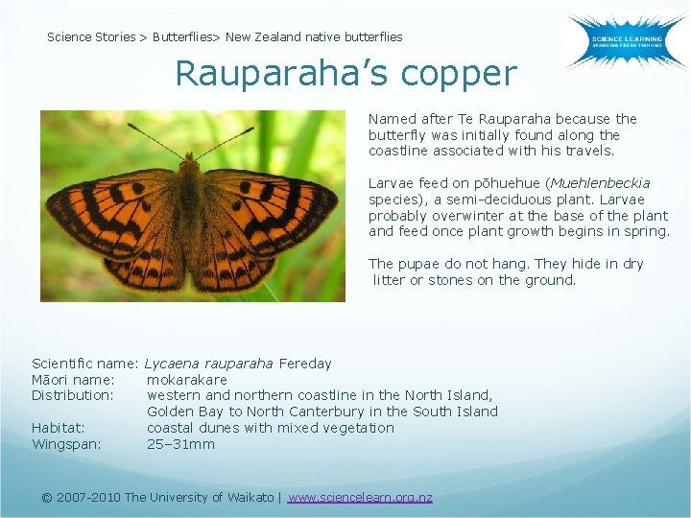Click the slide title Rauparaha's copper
(345, 74)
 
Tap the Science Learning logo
(625, 41)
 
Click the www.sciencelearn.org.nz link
(360, 497)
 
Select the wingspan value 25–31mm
(180, 444)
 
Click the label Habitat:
(58, 428)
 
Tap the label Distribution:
(73, 395)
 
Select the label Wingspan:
(66, 444)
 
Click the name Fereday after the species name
(306, 363)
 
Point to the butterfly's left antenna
(154, 141)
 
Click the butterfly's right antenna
(226, 142)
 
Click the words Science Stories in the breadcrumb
(91, 36)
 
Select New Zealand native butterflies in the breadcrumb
(314, 36)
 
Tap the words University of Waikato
(211, 497)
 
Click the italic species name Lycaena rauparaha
(209, 363)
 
